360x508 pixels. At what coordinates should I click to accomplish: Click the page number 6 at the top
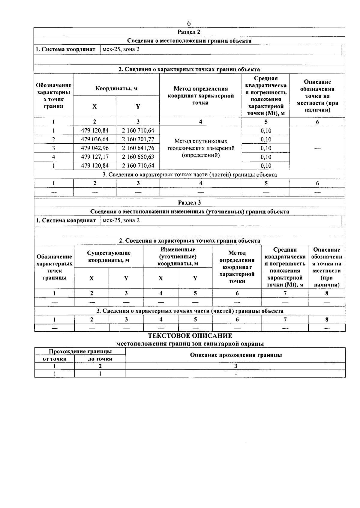click(x=189, y=23)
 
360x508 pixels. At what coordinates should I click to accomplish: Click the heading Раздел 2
click(x=189, y=32)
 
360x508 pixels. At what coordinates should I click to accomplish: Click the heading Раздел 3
click(x=189, y=203)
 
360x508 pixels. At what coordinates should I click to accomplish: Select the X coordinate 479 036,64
click(x=95, y=139)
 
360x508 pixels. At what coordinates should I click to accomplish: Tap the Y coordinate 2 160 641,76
click(x=138, y=148)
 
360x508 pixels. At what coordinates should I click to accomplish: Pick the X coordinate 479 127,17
click(x=95, y=157)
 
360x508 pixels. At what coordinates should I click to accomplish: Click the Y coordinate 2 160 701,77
click(x=138, y=139)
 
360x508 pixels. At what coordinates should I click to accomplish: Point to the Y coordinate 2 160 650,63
click(x=138, y=157)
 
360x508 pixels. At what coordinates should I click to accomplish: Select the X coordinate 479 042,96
click(x=95, y=148)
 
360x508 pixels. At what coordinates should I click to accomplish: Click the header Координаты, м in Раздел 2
click(x=116, y=88)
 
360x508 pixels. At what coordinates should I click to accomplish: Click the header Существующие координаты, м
click(x=109, y=257)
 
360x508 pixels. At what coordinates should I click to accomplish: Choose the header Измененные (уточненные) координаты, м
click(x=178, y=257)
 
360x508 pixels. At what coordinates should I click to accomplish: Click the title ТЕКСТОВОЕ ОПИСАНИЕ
click(x=190, y=336)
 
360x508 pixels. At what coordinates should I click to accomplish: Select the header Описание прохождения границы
click(x=236, y=355)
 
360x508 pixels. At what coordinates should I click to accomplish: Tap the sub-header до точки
click(x=100, y=359)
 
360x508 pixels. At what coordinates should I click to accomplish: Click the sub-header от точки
click(x=55, y=359)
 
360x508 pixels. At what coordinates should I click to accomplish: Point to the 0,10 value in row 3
click(x=266, y=148)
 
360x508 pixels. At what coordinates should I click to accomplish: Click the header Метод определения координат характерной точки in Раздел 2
click(x=201, y=96)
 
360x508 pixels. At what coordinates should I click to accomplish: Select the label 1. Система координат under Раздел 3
click(x=66, y=220)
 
